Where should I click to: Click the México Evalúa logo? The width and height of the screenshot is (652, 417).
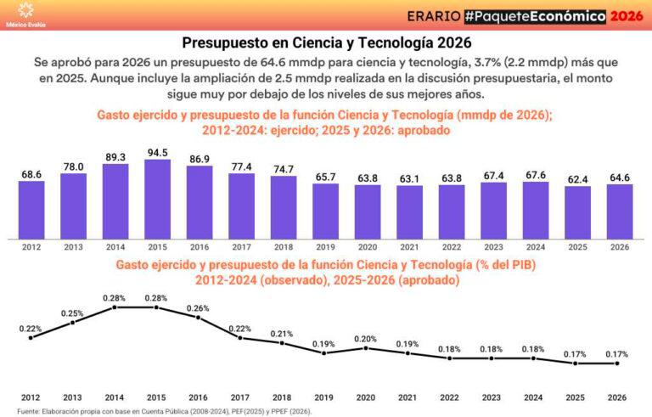click(x=26, y=14)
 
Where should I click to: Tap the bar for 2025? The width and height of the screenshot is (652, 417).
click(x=577, y=211)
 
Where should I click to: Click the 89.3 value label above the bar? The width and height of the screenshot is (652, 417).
click(x=115, y=157)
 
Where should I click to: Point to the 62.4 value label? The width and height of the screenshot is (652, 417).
click(x=577, y=179)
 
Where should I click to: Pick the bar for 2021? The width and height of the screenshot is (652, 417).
click(x=409, y=211)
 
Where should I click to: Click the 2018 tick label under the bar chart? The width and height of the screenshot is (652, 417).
click(x=283, y=245)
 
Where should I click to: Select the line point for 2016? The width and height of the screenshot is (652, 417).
click(x=199, y=318)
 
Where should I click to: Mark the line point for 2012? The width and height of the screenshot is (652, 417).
click(x=31, y=338)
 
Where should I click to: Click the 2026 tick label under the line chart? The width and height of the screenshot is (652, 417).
click(x=618, y=397)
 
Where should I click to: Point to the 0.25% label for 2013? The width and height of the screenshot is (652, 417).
click(x=73, y=313)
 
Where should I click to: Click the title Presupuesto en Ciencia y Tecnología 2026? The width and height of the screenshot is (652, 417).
click(x=326, y=42)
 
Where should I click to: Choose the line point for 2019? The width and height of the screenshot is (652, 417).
click(x=324, y=352)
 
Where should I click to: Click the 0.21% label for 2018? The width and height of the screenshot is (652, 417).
click(x=283, y=333)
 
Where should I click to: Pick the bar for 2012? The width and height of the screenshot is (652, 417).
click(x=31, y=210)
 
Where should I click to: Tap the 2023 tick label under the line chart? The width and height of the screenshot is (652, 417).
click(x=492, y=397)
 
